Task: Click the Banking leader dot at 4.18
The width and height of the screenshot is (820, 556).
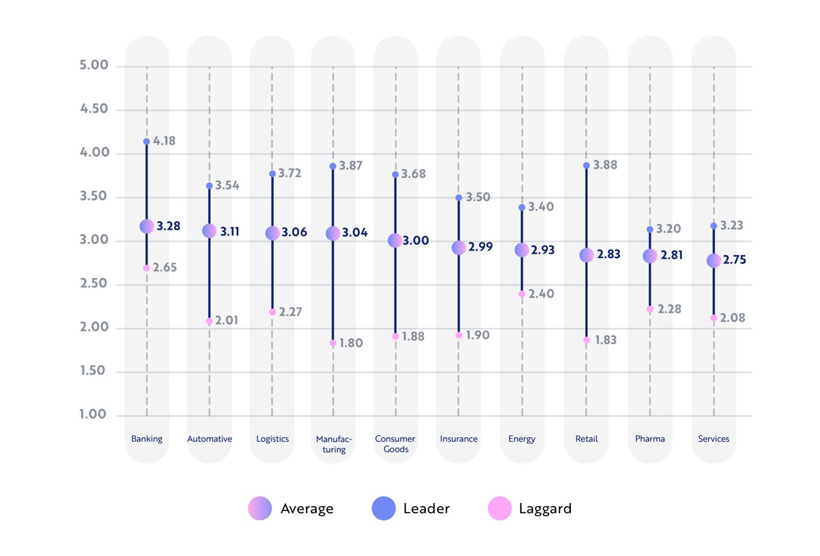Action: pyautogui.click(x=147, y=141)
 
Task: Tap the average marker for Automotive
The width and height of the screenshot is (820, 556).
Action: pyautogui.click(x=209, y=231)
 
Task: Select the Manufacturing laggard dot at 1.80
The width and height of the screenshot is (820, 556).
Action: pyautogui.click(x=333, y=343)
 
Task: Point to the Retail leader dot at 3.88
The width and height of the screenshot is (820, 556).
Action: pyautogui.click(x=586, y=166)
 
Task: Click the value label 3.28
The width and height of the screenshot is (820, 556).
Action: pyautogui.click(x=168, y=226)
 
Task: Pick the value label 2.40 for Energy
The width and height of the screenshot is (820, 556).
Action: pyautogui.click(x=541, y=294)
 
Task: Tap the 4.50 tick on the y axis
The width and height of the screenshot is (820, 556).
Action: pyautogui.click(x=94, y=109)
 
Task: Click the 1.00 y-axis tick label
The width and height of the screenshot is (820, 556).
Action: pyautogui.click(x=93, y=414)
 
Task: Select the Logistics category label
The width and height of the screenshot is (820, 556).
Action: pyautogui.click(x=272, y=439)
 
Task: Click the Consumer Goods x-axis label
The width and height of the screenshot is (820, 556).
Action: pyautogui.click(x=395, y=444)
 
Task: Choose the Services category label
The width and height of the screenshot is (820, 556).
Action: pyautogui.click(x=713, y=439)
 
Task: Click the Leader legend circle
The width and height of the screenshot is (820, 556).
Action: pyautogui.click(x=383, y=508)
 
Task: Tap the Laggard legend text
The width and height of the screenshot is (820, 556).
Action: pyautogui.click(x=545, y=508)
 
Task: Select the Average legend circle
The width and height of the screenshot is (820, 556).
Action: pyautogui.click(x=260, y=508)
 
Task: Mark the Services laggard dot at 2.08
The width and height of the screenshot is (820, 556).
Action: pyautogui.click(x=714, y=318)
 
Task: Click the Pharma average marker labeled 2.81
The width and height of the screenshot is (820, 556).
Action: pyautogui.click(x=650, y=256)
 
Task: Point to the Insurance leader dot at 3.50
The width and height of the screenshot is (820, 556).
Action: pyautogui.click(x=459, y=198)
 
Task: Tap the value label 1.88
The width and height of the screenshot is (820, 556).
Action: pyautogui.click(x=413, y=336)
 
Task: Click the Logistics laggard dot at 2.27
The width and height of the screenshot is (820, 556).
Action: pyautogui.click(x=273, y=312)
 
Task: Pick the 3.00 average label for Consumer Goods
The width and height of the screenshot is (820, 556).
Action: pyautogui.click(x=416, y=240)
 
